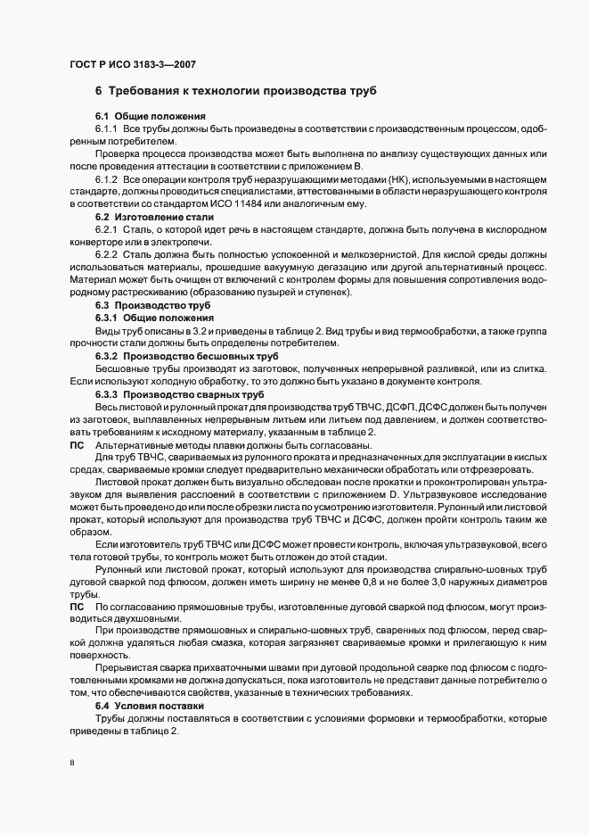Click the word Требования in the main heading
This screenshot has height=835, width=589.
coord(155,92)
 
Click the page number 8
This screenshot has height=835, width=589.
coord(71,764)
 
